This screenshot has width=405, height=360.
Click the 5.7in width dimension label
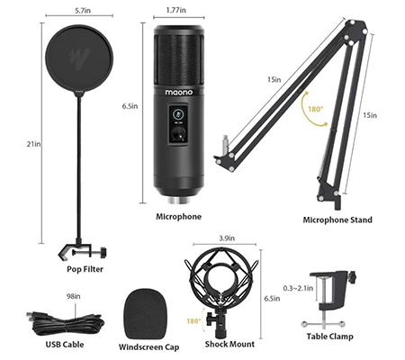83,11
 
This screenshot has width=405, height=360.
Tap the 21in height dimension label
33,144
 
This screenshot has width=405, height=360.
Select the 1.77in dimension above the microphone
176,10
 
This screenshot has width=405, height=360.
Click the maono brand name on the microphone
179,92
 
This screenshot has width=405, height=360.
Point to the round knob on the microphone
179,132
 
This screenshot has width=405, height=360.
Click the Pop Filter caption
85,269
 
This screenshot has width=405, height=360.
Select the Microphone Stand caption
337,220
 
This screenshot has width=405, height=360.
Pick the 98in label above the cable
74,296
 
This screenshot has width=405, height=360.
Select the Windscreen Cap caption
149,347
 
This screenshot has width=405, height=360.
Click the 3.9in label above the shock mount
227,238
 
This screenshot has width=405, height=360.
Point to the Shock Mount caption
229,344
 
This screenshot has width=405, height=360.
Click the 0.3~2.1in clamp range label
298,288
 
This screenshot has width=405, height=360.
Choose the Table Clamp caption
329,337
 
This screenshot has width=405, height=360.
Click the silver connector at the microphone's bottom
179,201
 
